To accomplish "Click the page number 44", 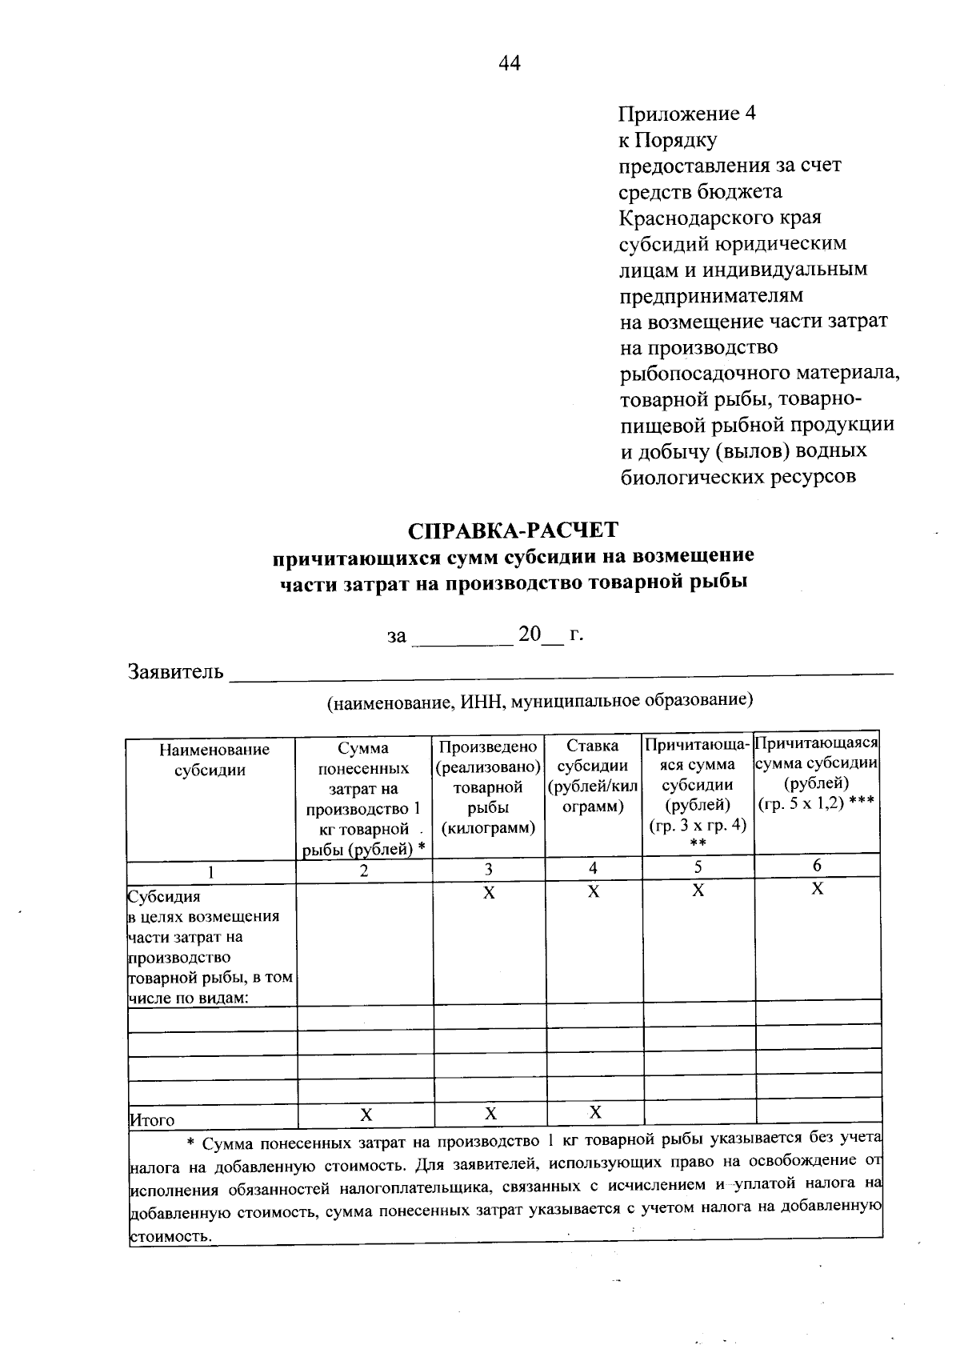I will click(509, 63).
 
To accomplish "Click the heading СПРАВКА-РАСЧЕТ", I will click(513, 531).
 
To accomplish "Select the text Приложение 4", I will click(687, 113).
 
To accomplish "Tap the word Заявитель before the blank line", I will click(176, 671).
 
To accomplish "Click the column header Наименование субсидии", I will click(214, 760).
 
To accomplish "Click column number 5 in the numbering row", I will click(698, 867).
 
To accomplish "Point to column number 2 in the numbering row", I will click(364, 871).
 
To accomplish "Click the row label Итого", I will click(152, 1120).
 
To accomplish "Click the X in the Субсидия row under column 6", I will click(817, 889).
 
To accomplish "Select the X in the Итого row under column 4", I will click(594, 1112).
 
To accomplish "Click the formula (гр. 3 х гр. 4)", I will click(698, 824).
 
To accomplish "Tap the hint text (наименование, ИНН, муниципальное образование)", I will click(540, 702).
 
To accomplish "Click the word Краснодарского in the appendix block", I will click(720, 218).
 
